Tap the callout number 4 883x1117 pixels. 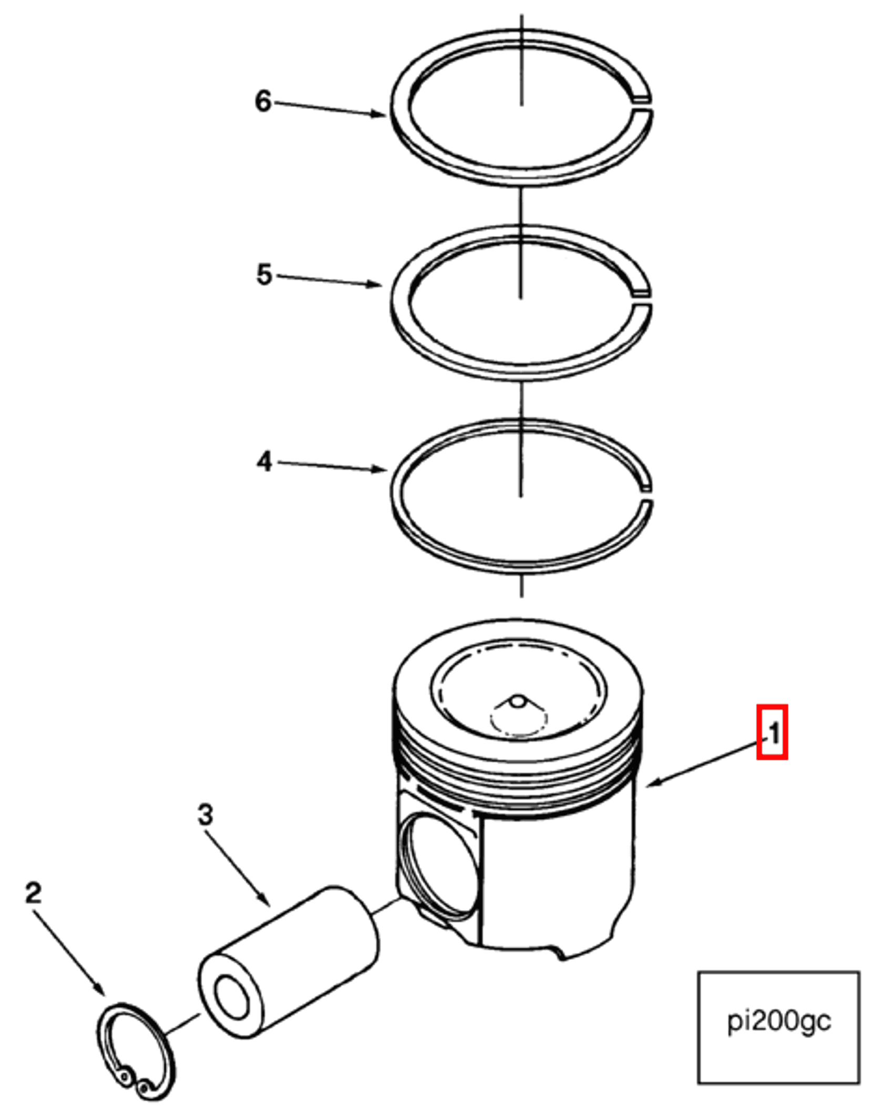tap(264, 462)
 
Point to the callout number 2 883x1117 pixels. tap(33, 893)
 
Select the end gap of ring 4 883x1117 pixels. tap(645, 495)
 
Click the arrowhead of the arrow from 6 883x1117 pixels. tap(382, 114)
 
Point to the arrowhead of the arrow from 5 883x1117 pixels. tap(377, 285)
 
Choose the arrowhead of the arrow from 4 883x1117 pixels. tap(382, 469)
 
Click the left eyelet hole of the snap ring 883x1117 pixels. tap(125, 1077)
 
